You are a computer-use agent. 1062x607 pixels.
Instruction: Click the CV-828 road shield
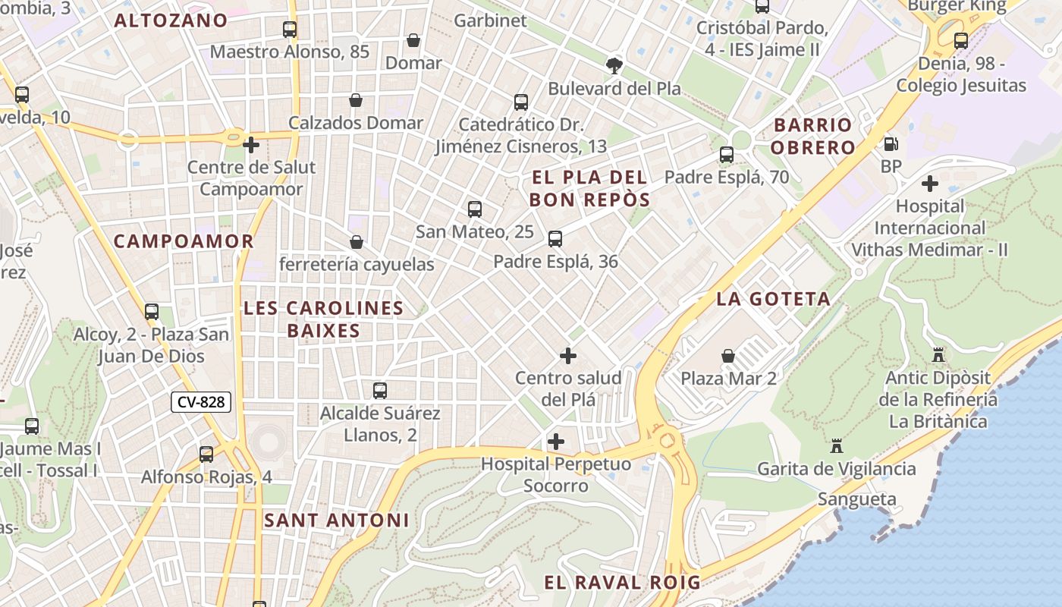200,402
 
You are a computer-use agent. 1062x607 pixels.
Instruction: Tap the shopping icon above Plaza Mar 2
728,355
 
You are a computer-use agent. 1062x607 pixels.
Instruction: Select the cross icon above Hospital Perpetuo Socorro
556,441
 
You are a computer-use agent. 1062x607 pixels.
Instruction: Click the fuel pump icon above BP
891,143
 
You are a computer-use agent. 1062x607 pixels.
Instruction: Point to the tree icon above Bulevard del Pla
614,65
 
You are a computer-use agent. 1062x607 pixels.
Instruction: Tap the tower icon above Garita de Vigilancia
837,445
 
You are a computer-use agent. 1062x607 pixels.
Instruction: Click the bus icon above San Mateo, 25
475,209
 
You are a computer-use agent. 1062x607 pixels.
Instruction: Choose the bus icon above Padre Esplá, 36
555,239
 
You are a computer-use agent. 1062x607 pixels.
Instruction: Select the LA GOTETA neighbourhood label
774,299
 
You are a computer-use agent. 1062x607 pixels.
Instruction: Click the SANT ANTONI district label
337,521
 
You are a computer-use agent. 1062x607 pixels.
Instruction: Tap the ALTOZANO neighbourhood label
171,20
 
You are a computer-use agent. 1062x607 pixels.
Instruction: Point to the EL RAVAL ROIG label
622,583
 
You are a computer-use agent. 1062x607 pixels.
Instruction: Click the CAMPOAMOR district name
184,241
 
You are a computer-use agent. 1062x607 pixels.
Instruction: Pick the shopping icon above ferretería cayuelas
356,242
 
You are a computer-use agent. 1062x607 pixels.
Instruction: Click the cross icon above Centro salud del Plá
567,355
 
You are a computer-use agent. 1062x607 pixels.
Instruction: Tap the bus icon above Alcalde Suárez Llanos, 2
380,391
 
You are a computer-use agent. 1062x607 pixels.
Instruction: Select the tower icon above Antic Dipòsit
938,354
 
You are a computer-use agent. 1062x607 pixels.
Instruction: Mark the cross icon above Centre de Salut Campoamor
251,144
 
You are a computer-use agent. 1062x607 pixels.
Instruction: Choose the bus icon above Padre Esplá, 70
727,155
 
